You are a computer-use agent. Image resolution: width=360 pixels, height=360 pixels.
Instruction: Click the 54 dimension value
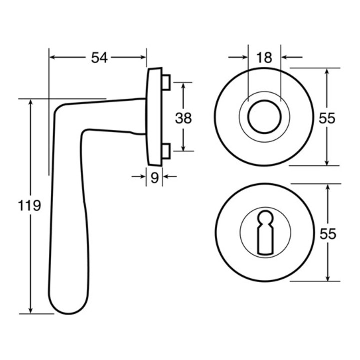99,58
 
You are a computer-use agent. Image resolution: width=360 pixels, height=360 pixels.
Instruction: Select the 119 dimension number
29,205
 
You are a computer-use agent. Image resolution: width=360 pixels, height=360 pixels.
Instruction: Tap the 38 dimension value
183,118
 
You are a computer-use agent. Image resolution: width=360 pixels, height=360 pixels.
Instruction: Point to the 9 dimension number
155,177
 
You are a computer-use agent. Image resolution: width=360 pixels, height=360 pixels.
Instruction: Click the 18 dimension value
264,58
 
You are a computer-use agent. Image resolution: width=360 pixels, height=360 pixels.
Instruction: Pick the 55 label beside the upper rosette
327,118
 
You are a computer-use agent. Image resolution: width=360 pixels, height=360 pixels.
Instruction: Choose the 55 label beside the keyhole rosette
328,234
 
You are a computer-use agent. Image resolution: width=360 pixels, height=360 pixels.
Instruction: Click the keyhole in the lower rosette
265,232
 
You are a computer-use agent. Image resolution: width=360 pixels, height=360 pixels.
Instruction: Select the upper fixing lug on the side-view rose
166,82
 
